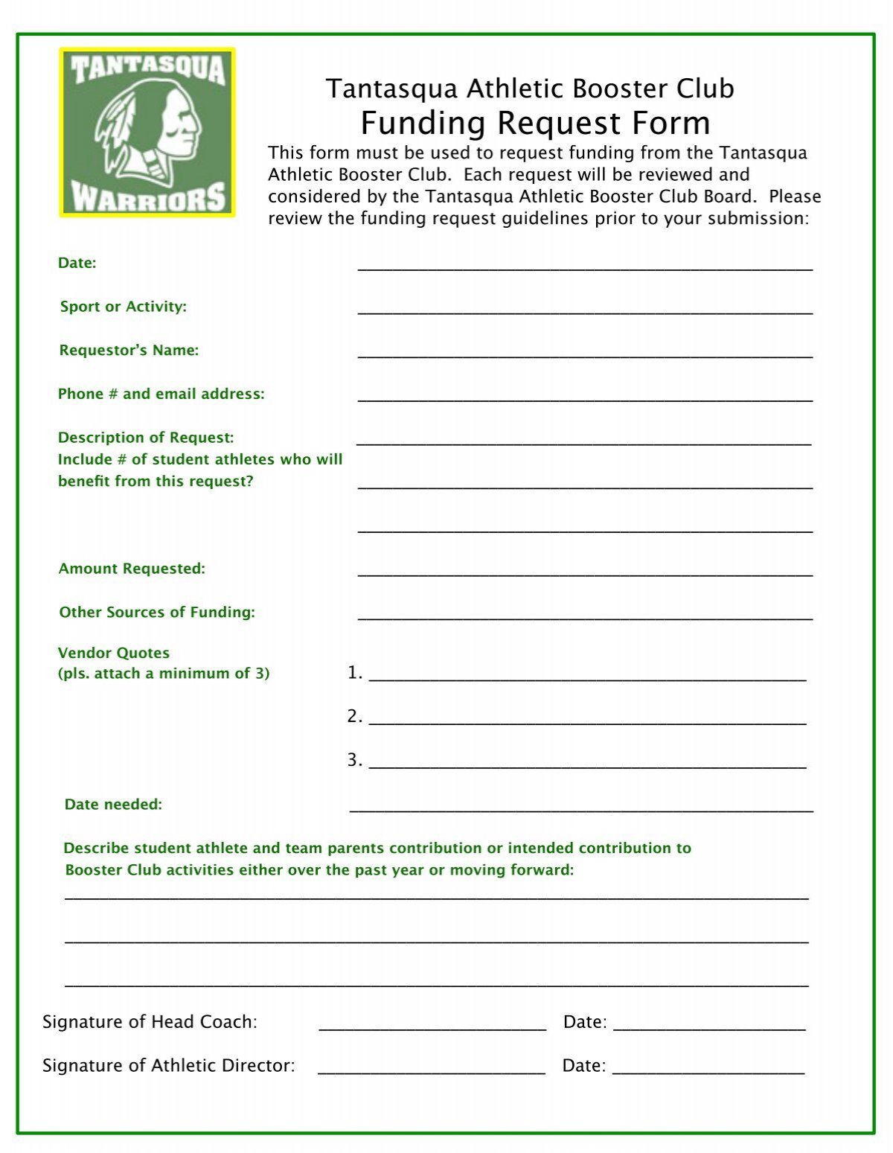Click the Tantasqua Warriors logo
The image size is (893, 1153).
[147, 132]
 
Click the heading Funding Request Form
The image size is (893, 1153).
[535, 123]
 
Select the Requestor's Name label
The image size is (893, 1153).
[129, 350]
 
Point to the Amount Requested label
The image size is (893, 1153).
[132, 569]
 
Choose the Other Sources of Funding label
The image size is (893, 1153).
[157, 612]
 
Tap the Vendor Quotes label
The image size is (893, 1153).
[114, 653]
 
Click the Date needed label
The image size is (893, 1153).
[113, 804]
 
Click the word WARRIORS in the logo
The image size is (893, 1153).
[148, 198]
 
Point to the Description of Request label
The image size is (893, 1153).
[146, 438]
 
